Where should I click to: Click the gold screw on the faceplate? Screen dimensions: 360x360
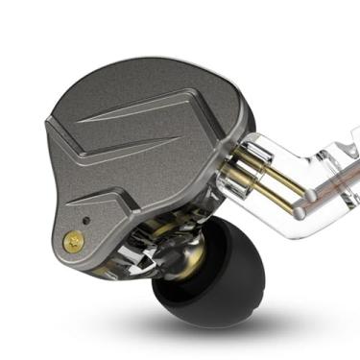tap(70, 244)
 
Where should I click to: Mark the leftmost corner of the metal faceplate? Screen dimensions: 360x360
tap(48, 120)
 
